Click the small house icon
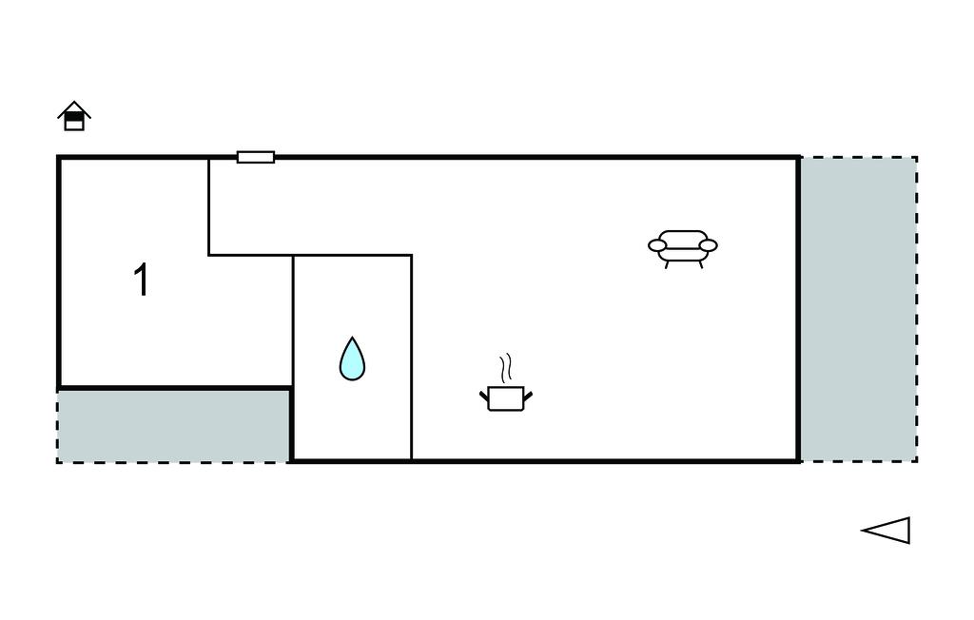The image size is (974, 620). tap(74, 117)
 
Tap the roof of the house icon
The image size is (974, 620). tap(74, 107)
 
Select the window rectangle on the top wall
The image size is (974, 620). tap(256, 157)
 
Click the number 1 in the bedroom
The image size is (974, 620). tap(142, 281)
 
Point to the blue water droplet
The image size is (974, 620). tap(352, 360)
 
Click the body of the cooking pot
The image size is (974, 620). tap(505, 399)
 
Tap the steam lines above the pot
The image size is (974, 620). tap(507, 367)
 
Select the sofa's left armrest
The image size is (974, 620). tap(657, 245)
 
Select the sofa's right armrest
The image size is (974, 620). tap(709, 245)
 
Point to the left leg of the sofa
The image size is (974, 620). tap(667, 263)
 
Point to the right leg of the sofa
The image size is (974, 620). tap(700, 263)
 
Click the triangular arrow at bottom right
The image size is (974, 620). tap(888, 531)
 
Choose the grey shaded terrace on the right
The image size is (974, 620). tap(858, 309)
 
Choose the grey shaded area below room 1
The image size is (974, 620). tap(174, 425)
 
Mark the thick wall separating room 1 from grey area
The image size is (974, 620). tap(174, 388)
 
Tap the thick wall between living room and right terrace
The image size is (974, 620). tap(798, 309)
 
